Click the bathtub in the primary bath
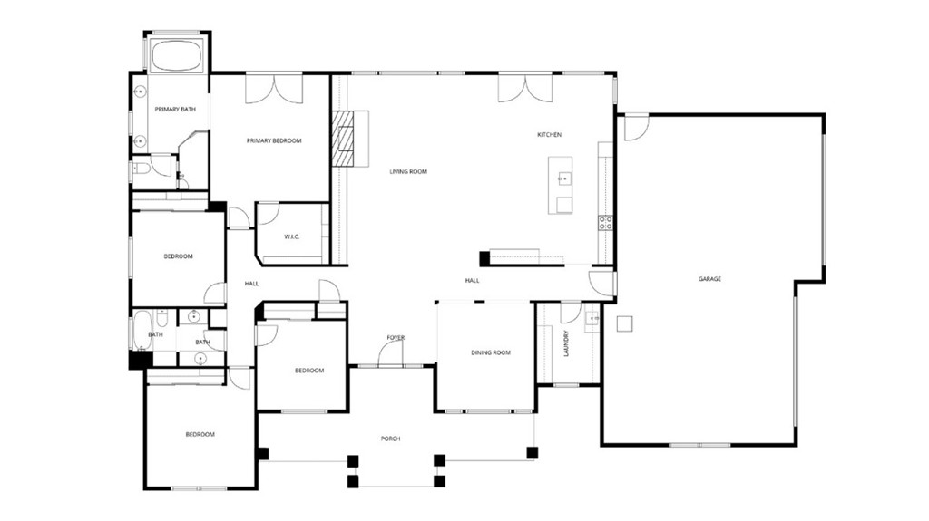[177, 54]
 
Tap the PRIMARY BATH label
[175, 110]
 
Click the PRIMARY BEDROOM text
[274, 140]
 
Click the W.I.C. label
[291, 237]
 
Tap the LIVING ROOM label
[408, 171]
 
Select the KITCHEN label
[549, 135]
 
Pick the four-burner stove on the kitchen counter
[605, 222]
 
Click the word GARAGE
[709, 279]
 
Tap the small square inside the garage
[624, 323]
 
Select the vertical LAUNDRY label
[566, 343]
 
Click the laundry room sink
[593, 318]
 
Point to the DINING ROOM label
[490, 352]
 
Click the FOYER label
[396, 338]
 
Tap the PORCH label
[390, 439]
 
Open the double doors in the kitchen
[524, 88]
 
